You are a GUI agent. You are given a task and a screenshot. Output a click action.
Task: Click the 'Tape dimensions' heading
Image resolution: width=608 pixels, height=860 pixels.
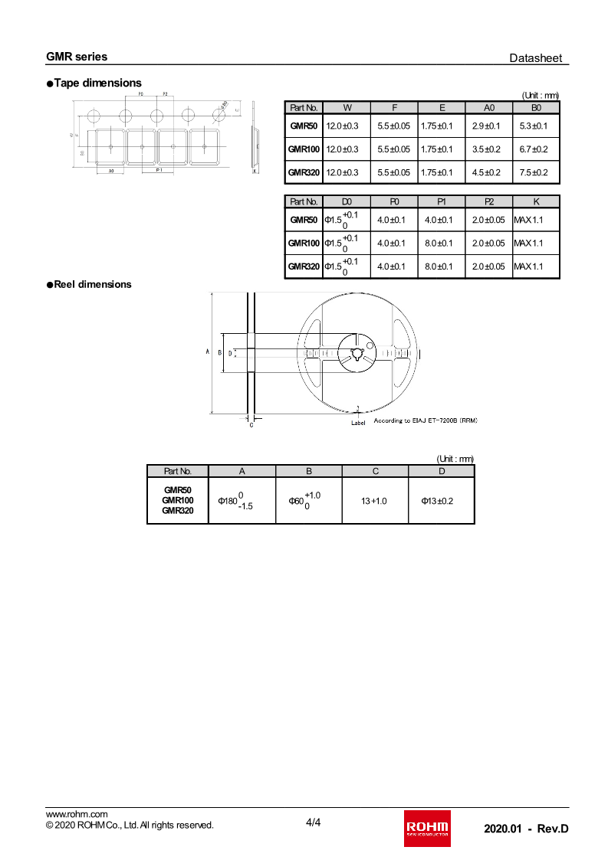click(97, 83)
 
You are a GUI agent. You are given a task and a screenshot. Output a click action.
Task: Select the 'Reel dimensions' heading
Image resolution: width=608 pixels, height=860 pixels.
click(92, 284)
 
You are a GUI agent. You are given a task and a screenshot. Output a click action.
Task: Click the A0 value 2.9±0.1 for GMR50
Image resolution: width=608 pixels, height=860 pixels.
click(486, 126)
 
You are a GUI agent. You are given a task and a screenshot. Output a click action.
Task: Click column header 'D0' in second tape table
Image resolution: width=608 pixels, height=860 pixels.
click(347, 201)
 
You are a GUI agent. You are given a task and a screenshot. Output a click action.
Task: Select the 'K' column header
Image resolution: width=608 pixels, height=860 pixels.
click(536, 201)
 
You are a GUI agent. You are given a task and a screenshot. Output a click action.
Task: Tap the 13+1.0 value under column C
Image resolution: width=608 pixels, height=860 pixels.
click(374, 501)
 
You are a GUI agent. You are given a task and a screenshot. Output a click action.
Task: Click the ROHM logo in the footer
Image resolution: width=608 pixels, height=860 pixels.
click(427, 828)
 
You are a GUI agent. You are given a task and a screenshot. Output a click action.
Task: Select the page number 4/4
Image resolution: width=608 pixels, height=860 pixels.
click(313, 823)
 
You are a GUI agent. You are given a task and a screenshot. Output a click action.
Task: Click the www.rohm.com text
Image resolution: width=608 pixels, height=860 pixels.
click(77, 814)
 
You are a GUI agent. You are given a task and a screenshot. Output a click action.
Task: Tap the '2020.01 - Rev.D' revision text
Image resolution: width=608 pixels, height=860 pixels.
click(526, 829)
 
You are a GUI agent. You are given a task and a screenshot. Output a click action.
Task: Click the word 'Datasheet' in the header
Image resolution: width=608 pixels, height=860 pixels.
click(536, 58)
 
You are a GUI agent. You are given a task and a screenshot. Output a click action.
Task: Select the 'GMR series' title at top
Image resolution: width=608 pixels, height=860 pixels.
click(77, 57)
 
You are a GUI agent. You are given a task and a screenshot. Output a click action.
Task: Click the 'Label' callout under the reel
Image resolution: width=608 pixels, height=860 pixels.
click(358, 423)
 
